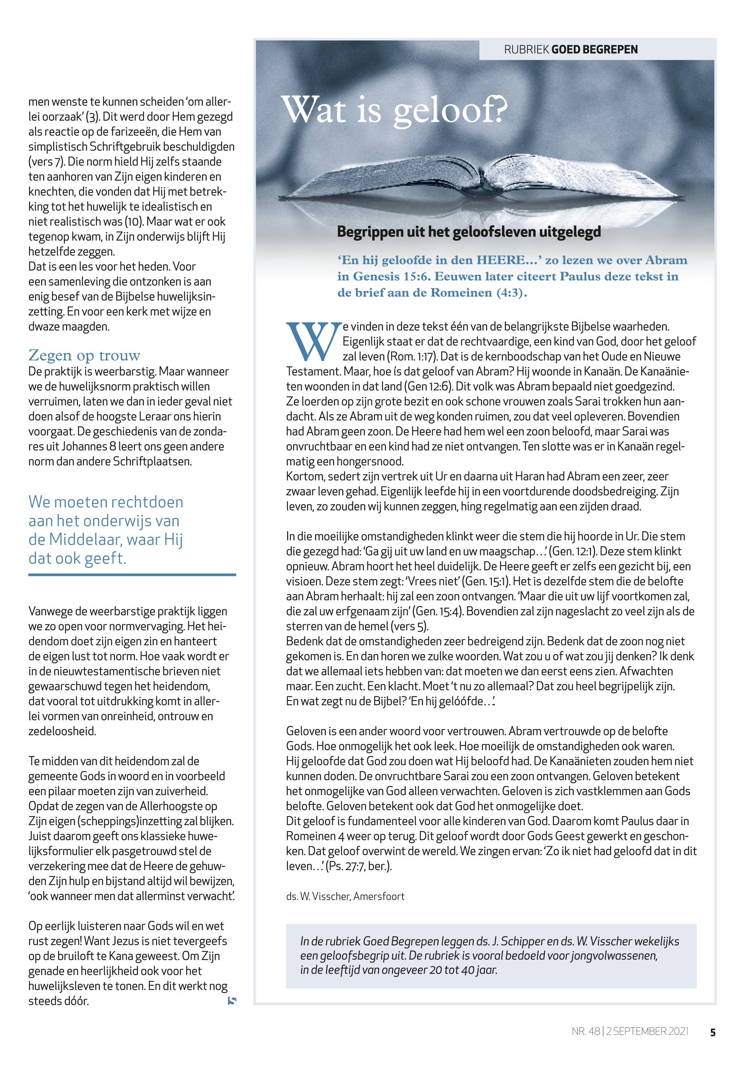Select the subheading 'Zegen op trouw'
(x=84, y=355)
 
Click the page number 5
(x=712, y=1032)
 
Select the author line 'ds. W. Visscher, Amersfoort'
(x=346, y=896)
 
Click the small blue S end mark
(x=232, y=1000)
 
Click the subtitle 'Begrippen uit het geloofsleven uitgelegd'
(x=469, y=232)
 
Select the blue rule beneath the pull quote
(x=132, y=575)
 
